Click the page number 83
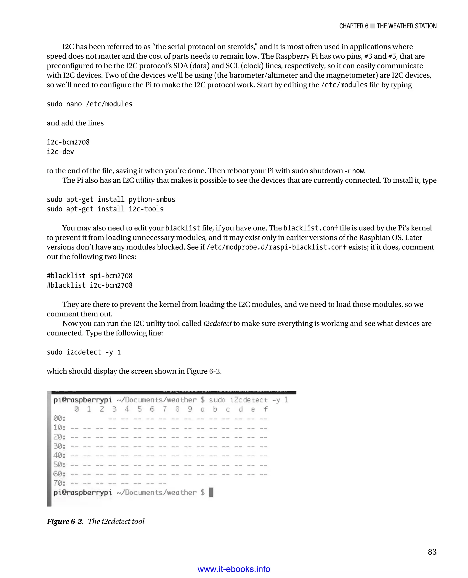pyautogui.click(x=432, y=552)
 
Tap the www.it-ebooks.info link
pyautogui.click(x=234, y=569)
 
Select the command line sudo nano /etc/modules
pyautogui.click(x=90, y=104)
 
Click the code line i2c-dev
pyautogui.click(x=60, y=152)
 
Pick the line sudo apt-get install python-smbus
pyautogui.click(x=111, y=200)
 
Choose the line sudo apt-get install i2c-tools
pyautogui.click(x=105, y=209)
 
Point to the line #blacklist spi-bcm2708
pyautogui.click(x=90, y=276)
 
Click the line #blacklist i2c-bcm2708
pyautogui.click(x=90, y=285)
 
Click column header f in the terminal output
pyautogui.click(x=266, y=409)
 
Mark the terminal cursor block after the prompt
pyautogui.click(x=211, y=492)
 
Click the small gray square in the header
pyautogui.click(x=372, y=26)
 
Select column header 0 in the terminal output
pyautogui.click(x=77, y=409)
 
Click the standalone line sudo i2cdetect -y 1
pyautogui.click(x=84, y=352)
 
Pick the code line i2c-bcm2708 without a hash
pyautogui.click(x=68, y=142)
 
